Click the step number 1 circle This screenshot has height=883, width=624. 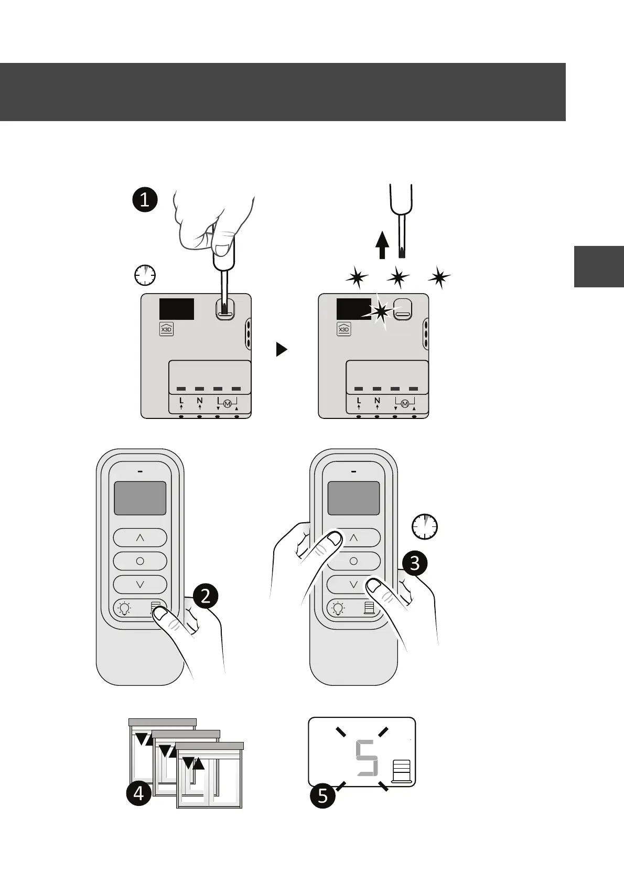145,200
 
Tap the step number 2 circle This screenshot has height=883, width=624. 206,596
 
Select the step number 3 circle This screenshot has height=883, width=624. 415,563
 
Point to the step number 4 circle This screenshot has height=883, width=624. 138,793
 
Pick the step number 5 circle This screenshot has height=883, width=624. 322,796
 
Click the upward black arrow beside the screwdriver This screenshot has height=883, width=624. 382,245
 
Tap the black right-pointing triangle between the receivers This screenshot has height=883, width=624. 282,349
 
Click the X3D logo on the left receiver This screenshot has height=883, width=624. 166,329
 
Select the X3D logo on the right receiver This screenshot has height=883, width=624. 343,329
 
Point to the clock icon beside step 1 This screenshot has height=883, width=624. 145,275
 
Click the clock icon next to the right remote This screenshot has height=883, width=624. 424,526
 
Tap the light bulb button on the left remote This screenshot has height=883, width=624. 124,609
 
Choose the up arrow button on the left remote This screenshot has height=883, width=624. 140,537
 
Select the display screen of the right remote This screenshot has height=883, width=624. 353,498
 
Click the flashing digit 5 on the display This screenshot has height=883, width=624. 366,758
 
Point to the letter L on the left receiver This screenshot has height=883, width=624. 181,401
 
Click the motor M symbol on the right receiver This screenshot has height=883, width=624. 404,404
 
